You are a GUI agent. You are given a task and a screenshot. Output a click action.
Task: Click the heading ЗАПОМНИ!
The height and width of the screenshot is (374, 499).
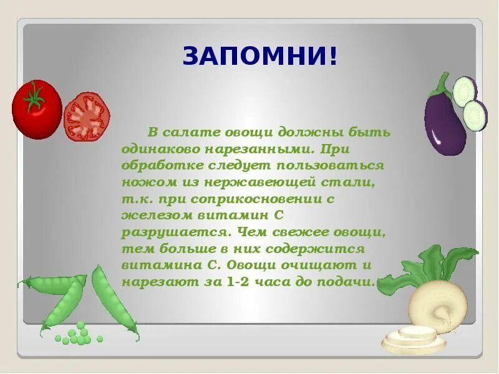tap(260, 56)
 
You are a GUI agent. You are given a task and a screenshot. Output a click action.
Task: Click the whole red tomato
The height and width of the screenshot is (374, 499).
tap(36, 110)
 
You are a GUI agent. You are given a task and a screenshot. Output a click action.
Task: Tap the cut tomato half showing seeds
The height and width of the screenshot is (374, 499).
tap(87, 116)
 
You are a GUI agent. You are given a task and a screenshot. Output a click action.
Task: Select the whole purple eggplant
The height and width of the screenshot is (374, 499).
tap(444, 122)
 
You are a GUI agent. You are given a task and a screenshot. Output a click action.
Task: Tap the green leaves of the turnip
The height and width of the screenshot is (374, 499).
tap(437, 265)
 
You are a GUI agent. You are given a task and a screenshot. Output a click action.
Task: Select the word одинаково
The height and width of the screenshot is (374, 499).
tap(155, 150)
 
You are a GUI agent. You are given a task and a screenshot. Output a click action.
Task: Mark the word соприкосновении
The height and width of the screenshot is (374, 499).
tap(259, 199)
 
